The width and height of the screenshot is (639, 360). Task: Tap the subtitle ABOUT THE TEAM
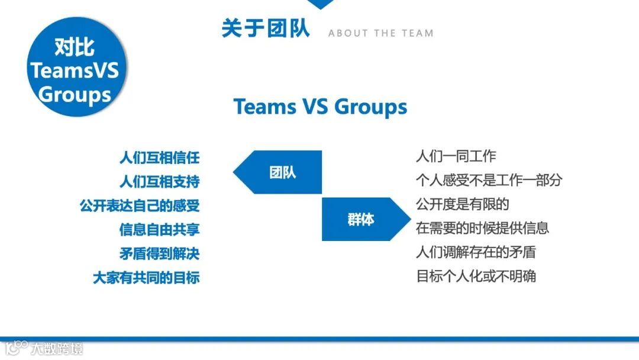380,33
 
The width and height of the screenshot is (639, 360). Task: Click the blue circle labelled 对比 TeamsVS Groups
75,70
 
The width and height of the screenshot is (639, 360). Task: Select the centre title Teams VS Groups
320,107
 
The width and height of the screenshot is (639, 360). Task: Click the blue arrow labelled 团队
278,172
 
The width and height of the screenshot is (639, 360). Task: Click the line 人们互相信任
159,158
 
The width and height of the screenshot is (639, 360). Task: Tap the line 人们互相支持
159,181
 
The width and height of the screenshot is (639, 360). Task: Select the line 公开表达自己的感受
140,205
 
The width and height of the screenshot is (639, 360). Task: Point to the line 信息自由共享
159,229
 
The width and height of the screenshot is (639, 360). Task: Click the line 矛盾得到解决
159,253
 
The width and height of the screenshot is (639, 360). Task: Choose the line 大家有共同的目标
146,277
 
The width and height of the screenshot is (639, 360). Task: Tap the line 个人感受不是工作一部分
489,180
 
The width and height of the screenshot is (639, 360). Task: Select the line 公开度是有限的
463,204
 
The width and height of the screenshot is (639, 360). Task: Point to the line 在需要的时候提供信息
482,228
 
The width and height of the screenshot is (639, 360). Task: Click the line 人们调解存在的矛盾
476,252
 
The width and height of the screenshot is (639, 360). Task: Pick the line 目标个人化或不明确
476,276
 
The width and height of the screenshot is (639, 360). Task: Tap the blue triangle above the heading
321,4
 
